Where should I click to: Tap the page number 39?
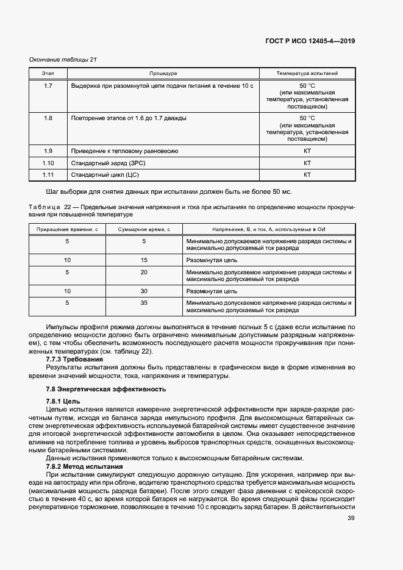tap(351, 518)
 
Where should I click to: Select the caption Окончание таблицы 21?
tap(63, 59)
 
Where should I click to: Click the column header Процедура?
tap(163, 73)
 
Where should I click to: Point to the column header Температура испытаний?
tap(307, 73)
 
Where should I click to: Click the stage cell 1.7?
tap(49, 86)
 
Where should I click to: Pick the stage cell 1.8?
tap(49, 118)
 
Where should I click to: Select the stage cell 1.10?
tap(49, 163)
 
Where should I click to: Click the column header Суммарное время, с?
tap(144, 229)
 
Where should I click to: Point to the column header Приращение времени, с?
tap(67, 229)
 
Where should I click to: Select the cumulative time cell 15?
tap(144, 260)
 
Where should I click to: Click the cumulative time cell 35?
tap(144, 303)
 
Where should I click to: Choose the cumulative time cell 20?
tap(144, 272)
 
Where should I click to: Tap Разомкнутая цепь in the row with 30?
tap(212, 292)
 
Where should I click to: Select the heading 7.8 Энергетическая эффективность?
tap(105, 389)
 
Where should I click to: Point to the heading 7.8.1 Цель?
tap(63, 401)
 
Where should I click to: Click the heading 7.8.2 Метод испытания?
tap(84, 466)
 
